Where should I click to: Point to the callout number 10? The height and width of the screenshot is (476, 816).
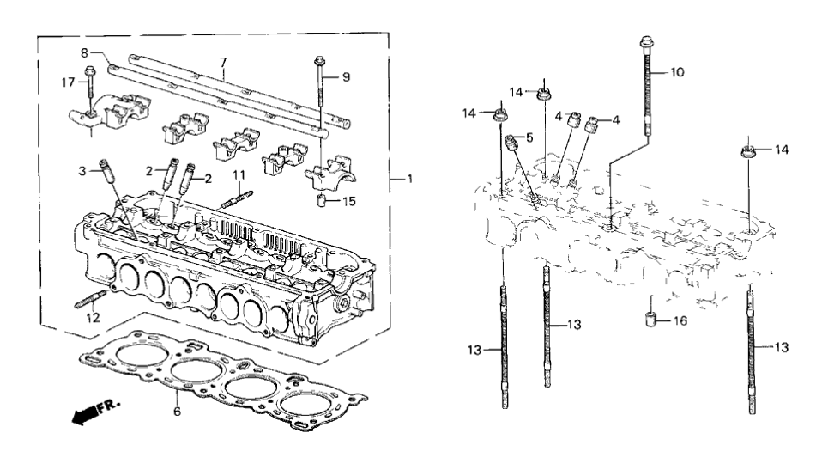pos(678,72)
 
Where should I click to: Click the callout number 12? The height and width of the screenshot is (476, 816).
pos(93,318)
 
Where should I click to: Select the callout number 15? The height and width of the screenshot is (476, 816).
pos(348,203)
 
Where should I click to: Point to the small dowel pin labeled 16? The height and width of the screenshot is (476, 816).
pos(652,320)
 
